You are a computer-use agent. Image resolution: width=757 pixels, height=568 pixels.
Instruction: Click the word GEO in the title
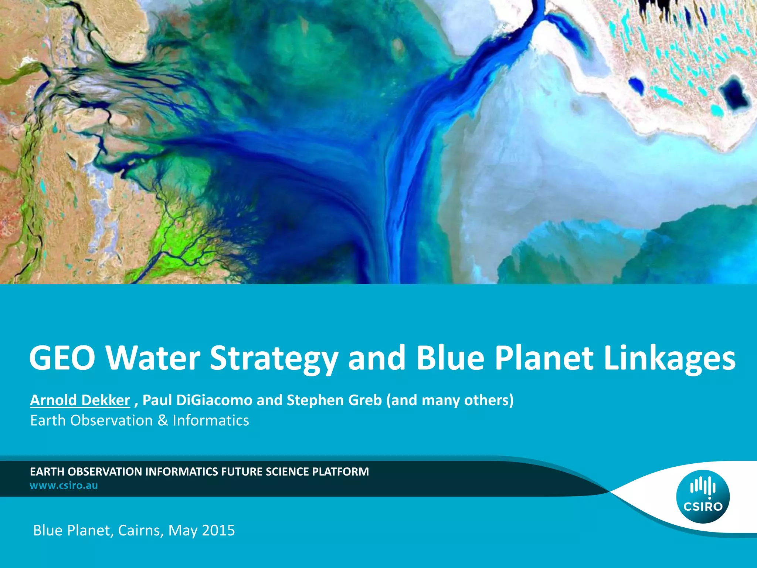pyautogui.click(x=62, y=358)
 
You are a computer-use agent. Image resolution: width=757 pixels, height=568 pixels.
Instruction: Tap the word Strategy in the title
pyautogui.click(x=274, y=358)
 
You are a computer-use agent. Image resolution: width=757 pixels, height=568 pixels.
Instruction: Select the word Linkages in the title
pyautogui.click(x=669, y=358)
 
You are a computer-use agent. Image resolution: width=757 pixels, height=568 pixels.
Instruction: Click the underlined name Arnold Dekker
pyautogui.click(x=80, y=400)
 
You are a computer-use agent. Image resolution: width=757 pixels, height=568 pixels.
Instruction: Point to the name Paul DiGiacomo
pyautogui.click(x=197, y=400)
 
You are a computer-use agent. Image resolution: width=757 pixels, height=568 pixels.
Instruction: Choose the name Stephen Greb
pyautogui.click(x=334, y=400)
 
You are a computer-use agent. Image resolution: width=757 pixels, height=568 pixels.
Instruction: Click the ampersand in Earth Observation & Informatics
pyautogui.click(x=163, y=420)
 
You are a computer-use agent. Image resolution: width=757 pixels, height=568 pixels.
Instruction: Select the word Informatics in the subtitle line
pyautogui.click(x=211, y=420)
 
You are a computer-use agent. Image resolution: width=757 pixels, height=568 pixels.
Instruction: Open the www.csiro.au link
pyautogui.click(x=64, y=485)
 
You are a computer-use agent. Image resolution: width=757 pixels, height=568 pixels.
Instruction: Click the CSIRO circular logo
pyautogui.click(x=703, y=497)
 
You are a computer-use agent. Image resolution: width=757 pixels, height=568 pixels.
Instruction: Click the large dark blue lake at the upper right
pyautogui.click(x=735, y=92)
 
